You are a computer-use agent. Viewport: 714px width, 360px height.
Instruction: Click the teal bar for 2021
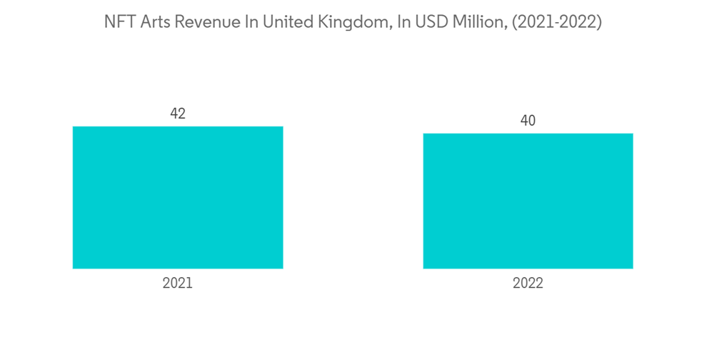178,198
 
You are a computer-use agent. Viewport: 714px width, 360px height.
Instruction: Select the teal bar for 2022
528,201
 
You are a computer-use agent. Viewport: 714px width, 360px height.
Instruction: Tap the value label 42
178,114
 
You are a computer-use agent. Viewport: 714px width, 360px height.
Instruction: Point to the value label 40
528,121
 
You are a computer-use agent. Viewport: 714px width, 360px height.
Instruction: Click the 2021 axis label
178,284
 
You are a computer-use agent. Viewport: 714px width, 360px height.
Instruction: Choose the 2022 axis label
528,284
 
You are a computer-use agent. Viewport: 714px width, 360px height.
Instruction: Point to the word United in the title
289,22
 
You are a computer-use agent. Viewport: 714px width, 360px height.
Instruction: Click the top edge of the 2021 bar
178,127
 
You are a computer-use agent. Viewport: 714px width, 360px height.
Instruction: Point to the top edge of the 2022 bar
528,134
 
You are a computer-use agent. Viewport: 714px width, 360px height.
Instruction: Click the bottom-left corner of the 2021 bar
74,268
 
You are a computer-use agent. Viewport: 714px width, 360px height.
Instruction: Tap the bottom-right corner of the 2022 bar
632,268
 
